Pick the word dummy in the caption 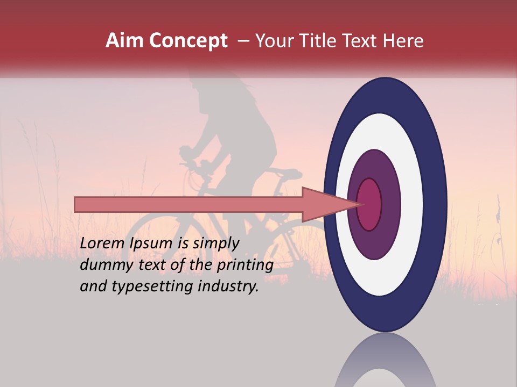tap(104, 265)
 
